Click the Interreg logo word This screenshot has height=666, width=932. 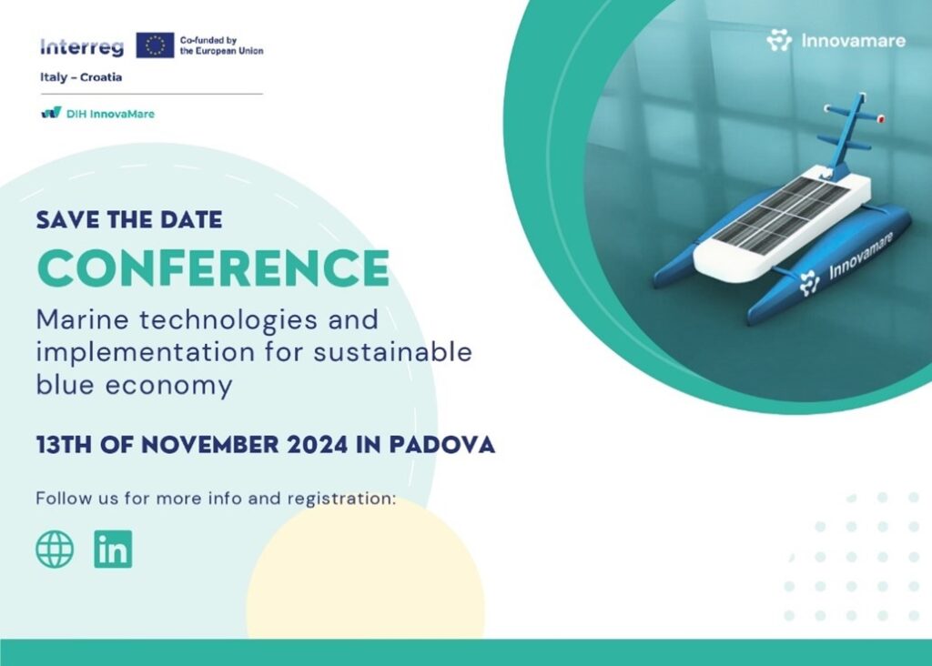82,47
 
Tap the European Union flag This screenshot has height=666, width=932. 155,45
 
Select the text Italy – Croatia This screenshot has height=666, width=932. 81,77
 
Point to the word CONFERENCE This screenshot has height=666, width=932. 213,267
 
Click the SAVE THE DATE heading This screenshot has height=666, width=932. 129,220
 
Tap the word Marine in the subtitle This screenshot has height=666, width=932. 83,319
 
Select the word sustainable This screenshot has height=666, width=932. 393,352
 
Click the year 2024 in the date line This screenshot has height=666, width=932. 317,445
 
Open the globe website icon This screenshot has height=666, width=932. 55,549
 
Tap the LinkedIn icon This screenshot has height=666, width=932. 113,549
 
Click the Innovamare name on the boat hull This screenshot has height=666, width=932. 861,256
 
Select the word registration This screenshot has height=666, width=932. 342,499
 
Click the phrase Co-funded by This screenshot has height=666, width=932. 208,40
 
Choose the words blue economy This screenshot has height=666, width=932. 134,385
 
